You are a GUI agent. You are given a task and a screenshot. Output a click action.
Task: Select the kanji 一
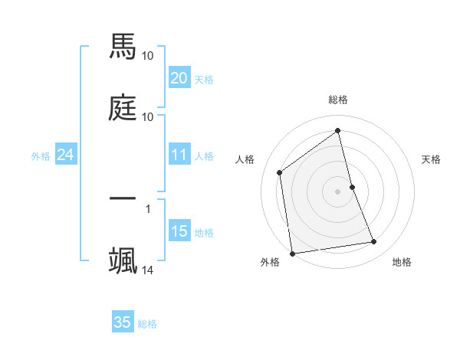pos(123,198)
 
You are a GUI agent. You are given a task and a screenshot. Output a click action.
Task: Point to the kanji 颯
pos(123,260)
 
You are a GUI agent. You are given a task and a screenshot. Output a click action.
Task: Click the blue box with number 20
pos(179,78)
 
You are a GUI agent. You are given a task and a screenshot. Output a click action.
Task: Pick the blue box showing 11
pos(179,155)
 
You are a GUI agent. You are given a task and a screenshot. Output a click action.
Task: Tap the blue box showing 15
pos(179,231)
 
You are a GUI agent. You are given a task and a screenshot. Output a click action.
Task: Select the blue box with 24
pos(65,155)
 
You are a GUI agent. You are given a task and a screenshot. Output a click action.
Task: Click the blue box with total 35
pos(123,322)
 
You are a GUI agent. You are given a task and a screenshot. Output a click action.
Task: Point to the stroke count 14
pos(148,270)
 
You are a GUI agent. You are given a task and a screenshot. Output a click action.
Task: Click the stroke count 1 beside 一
pos(148,208)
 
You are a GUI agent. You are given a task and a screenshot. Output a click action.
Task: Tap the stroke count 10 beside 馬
pos(148,55)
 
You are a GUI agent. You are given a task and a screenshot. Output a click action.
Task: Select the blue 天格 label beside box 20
pos(204,80)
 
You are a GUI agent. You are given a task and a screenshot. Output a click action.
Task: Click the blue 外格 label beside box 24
pos(41,156)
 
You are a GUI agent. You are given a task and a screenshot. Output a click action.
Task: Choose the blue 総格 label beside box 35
pos(147,324)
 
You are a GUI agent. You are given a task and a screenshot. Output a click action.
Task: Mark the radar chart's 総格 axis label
pos(338,100)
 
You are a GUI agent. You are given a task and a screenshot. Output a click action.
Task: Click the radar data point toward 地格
pos(374,242)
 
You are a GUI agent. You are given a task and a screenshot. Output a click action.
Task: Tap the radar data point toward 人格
pos(280,172)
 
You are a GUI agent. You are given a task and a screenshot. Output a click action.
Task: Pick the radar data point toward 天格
pos(352,186)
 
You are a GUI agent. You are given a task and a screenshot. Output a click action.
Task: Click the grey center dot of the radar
pos(338,191)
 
